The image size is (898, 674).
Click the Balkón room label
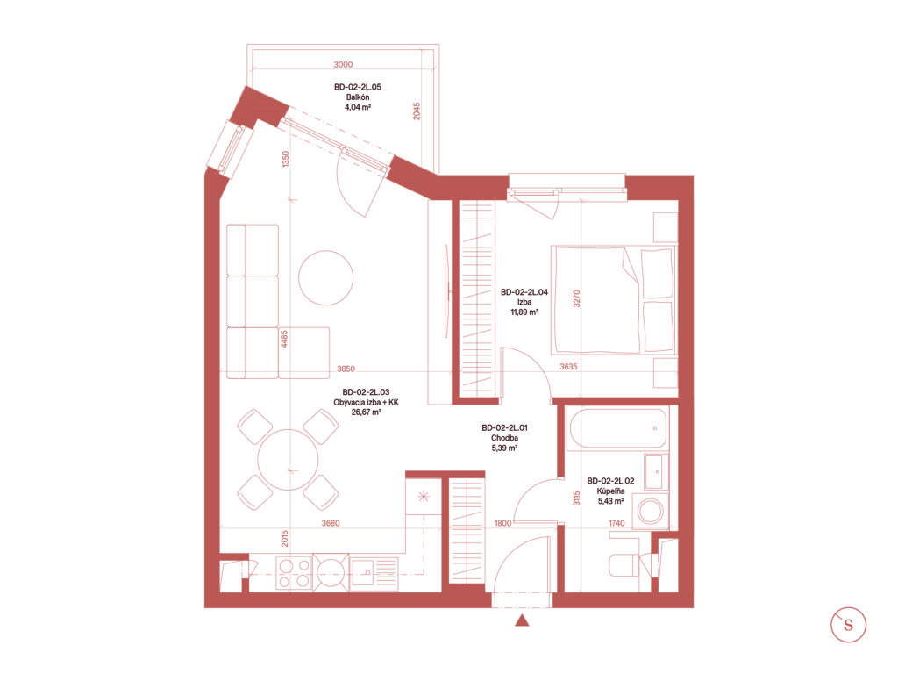tap(358, 97)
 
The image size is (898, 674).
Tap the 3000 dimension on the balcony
tap(343, 65)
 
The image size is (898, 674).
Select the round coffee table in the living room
tap(325, 278)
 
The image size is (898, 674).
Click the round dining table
tap(288, 460)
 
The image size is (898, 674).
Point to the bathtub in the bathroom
tap(617, 428)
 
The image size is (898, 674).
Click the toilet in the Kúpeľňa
tap(628, 564)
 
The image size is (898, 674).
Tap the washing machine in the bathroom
tap(651, 512)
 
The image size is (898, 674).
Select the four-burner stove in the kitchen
tap(294, 573)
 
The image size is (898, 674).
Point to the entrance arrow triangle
tap(522, 620)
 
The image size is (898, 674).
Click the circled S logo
tap(848, 625)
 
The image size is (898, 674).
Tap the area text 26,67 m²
tap(367, 412)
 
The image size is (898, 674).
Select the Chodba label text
tap(504, 438)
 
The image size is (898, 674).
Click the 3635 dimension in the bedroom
tap(568, 367)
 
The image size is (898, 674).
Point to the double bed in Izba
tap(613, 300)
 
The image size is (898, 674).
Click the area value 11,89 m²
tap(524, 312)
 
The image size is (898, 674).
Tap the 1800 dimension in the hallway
tap(502, 523)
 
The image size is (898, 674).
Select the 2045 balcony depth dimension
tap(417, 111)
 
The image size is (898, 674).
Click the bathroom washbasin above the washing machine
tap(656, 472)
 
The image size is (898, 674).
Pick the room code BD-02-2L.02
tap(610, 482)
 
